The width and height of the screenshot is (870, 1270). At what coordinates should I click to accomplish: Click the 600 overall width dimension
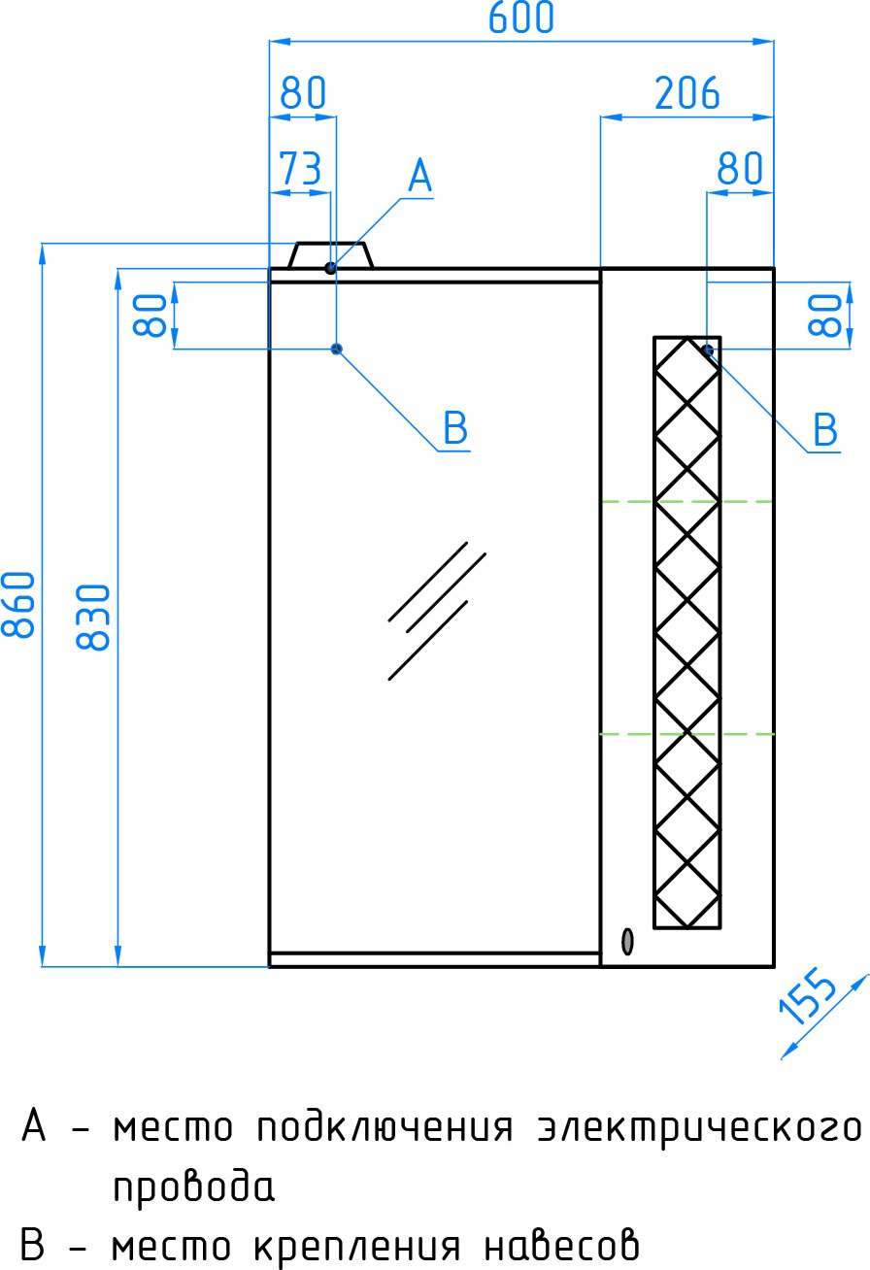click(x=520, y=17)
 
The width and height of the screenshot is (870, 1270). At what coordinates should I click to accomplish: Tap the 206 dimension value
click(x=686, y=93)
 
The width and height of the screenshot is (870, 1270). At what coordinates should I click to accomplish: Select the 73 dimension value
click(x=300, y=168)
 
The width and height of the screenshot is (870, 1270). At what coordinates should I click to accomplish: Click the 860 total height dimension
click(x=18, y=604)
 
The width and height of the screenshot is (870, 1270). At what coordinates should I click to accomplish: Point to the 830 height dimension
click(x=93, y=617)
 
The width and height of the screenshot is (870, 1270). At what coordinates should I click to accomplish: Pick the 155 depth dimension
click(x=808, y=997)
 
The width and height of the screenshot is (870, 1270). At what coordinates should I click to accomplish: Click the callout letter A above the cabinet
click(x=419, y=176)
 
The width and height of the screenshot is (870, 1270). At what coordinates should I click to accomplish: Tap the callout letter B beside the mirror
click(x=455, y=427)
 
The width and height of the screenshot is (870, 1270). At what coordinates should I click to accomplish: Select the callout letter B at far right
click(x=825, y=429)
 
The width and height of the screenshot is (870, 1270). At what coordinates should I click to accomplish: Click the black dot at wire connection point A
click(x=331, y=268)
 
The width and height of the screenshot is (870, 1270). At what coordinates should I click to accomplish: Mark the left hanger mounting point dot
click(x=337, y=349)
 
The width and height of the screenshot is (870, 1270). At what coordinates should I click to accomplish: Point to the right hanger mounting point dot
click(x=707, y=350)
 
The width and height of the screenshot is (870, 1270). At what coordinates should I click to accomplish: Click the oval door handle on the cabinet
click(x=627, y=942)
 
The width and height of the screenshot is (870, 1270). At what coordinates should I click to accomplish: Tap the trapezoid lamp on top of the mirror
click(x=331, y=255)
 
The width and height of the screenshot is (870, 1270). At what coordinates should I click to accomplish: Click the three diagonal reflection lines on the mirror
click(x=437, y=611)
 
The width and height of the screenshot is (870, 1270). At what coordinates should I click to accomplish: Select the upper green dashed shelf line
click(x=686, y=502)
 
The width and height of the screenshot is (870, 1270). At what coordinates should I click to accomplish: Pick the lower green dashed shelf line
click(x=686, y=734)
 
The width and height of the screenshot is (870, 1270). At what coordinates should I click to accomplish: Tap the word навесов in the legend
click(x=562, y=1246)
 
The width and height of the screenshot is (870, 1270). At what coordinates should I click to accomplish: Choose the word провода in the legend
click(x=194, y=1187)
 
